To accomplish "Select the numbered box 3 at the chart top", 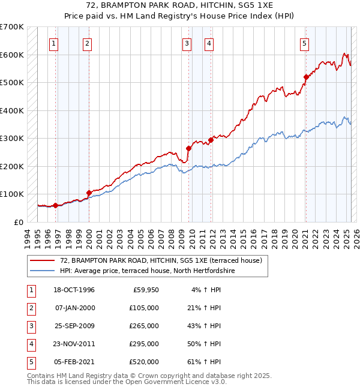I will (187, 43).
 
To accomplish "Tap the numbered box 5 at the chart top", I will (305, 43).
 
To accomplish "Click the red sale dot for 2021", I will (305, 77).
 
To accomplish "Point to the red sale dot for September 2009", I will (188, 148).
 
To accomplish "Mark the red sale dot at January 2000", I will (89, 193).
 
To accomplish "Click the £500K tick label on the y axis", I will (11, 82).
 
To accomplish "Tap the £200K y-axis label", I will (11, 166).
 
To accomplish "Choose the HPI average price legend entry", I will (147, 271).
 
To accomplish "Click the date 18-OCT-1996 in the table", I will (74, 290).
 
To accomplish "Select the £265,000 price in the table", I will (145, 326).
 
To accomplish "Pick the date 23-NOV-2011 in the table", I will (74, 344).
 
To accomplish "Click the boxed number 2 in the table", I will (30, 308).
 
